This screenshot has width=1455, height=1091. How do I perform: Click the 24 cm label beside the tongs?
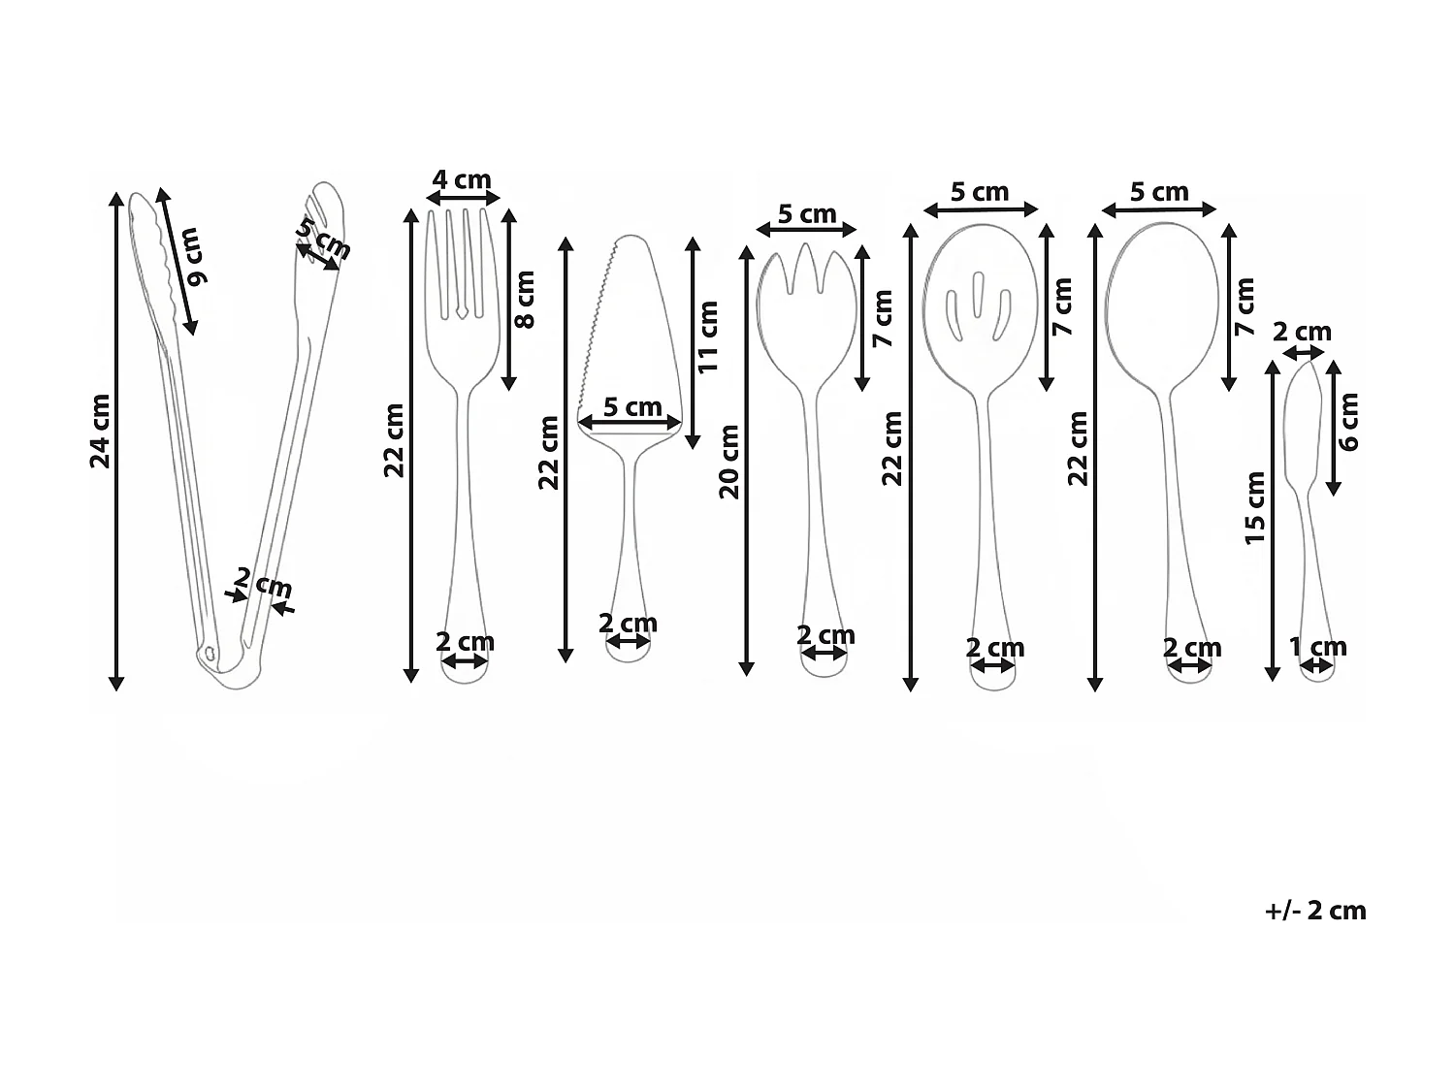pos(101,431)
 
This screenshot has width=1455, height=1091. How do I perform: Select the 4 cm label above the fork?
pos(462,179)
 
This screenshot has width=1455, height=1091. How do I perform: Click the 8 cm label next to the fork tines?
pos(524,299)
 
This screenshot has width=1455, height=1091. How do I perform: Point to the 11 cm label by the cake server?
pos(708,337)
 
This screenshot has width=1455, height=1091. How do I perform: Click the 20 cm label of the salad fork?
pos(729,462)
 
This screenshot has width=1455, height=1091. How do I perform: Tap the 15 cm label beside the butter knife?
pos(1255,508)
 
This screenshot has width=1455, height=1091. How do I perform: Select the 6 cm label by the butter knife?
pos(1349,422)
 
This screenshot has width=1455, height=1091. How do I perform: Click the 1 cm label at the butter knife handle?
pos(1317,646)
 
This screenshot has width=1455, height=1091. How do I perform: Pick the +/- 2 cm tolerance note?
pos(1315,911)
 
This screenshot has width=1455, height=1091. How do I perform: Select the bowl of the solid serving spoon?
pos(1161,301)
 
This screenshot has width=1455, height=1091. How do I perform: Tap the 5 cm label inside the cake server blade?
pos(632,406)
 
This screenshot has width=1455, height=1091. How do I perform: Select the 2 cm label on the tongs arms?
pos(262,585)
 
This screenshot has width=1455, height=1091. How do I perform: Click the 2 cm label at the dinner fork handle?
pos(465,642)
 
